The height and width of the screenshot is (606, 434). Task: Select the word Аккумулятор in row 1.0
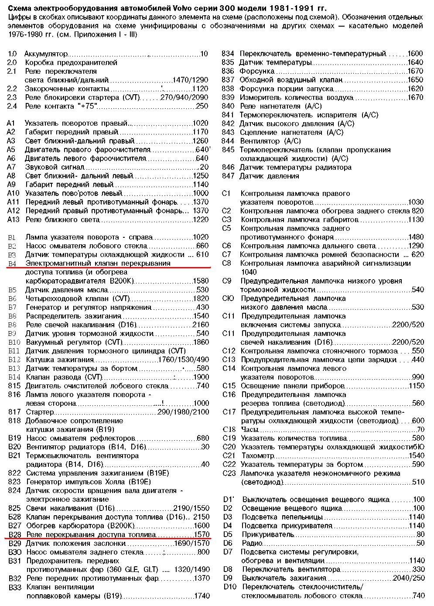point(46,54)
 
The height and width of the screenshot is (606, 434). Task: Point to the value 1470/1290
point(190,80)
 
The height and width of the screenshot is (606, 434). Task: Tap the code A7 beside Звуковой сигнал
point(11,167)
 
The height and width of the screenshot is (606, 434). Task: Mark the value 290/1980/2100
point(183,412)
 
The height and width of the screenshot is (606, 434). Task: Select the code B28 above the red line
point(14,534)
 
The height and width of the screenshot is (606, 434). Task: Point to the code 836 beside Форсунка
point(228,72)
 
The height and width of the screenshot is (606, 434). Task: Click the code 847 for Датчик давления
point(228,176)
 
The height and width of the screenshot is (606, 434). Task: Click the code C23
point(229,473)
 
